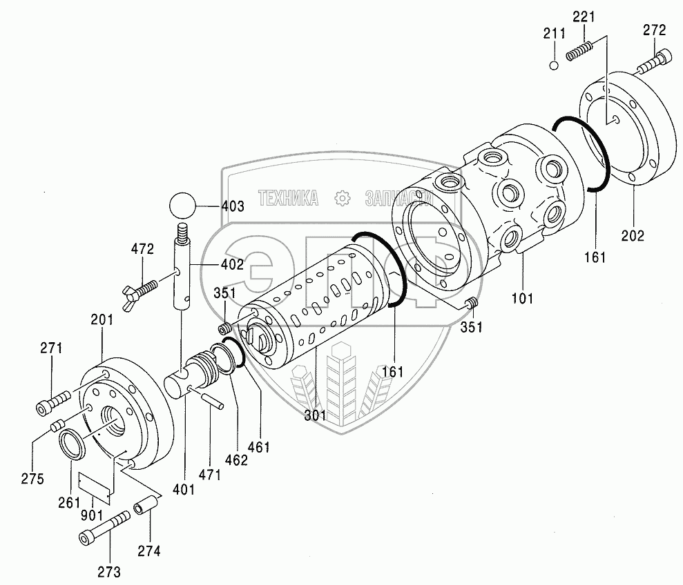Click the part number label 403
pyautogui.click(x=232, y=206)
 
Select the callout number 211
pyautogui.click(x=554, y=34)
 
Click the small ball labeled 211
pyautogui.click(x=554, y=66)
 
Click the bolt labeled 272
pyautogui.click(x=653, y=62)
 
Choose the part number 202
pyautogui.click(x=632, y=235)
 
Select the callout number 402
pyautogui.click(x=232, y=264)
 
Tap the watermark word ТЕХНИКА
pyautogui.click(x=288, y=199)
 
